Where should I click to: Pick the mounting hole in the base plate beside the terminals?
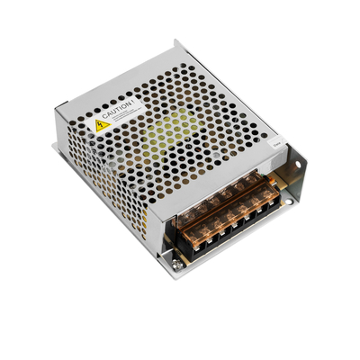(288, 202)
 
